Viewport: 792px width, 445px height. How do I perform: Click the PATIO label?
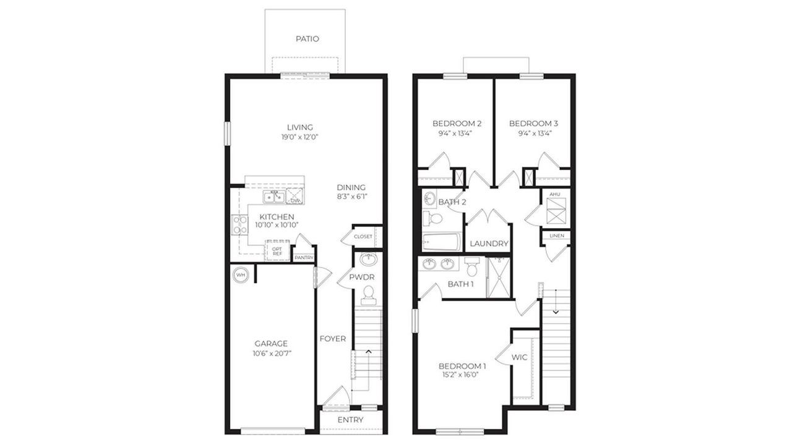(x=307, y=38)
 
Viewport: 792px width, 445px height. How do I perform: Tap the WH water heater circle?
(x=240, y=274)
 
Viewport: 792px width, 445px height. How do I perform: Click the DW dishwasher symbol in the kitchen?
(x=296, y=198)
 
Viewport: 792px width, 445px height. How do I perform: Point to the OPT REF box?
(x=277, y=250)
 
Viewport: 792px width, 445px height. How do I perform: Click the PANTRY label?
(x=304, y=258)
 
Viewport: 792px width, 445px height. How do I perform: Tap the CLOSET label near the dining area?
(x=363, y=237)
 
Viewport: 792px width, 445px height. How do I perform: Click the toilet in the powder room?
(x=369, y=295)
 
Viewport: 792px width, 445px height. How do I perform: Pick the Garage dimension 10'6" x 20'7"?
(x=271, y=354)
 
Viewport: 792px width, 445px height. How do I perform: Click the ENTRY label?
(x=350, y=420)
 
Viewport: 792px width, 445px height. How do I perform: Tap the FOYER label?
(x=332, y=339)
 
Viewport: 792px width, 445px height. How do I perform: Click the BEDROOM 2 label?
(x=457, y=123)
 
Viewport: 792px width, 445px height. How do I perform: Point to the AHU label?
(x=554, y=195)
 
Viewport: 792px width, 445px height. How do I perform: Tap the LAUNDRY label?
(x=489, y=244)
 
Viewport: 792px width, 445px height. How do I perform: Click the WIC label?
(x=519, y=357)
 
